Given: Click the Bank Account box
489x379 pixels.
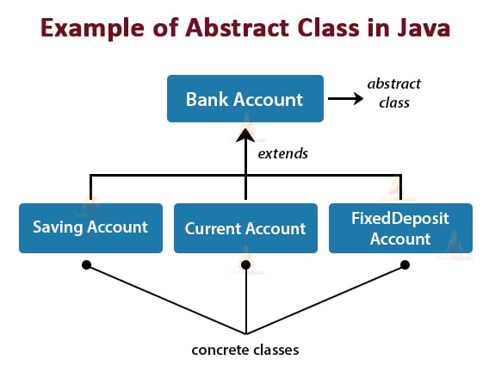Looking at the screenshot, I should tap(244, 98).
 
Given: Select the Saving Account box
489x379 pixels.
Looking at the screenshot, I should tap(90, 228).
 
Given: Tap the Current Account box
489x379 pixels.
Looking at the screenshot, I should tap(245, 228).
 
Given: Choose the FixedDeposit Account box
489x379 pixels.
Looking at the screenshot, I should tap(400, 228).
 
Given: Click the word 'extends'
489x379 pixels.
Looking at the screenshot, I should tap(282, 154).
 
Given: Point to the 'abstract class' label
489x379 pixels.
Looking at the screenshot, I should tap(393, 93).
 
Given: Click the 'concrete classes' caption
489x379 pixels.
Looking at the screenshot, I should tap(245, 351).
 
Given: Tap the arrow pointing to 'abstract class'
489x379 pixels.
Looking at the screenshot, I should tap(345, 98).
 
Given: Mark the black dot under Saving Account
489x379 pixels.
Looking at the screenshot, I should tap(86, 265).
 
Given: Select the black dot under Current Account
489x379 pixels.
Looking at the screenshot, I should tap(245, 265).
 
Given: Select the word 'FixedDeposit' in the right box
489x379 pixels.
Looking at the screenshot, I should tap(400, 219).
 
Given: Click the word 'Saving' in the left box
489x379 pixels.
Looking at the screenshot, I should tap(59, 228).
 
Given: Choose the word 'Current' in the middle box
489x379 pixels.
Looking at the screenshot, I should tap(214, 229).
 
